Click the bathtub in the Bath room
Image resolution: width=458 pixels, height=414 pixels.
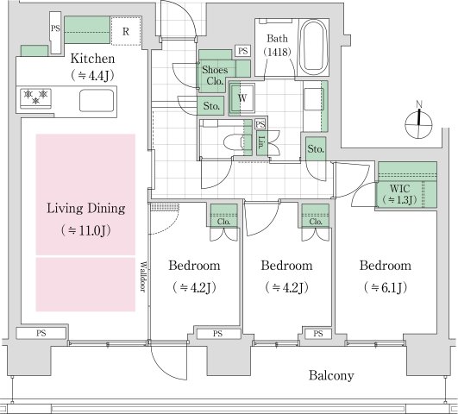click(314, 47)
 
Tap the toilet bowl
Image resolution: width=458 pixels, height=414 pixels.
click(235, 143)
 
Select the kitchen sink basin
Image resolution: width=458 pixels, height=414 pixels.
click(97, 101)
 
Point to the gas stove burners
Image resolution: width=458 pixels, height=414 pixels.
click(35, 97)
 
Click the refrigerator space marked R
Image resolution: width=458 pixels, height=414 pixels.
click(126, 31)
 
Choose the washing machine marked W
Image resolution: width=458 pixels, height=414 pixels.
click(242, 98)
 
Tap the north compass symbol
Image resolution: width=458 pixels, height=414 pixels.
click(418, 121)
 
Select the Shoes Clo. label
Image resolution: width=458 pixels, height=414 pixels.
click(215, 75)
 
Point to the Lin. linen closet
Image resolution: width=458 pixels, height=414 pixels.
click(261, 143)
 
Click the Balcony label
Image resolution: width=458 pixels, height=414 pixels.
click(331, 375)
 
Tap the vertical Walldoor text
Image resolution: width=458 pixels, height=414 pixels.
click(143, 276)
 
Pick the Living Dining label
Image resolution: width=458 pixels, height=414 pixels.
click(86, 209)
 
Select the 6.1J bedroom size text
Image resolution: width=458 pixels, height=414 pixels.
click(386, 288)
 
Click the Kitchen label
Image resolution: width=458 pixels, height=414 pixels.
click(92, 59)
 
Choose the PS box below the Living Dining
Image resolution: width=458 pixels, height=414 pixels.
click(41, 333)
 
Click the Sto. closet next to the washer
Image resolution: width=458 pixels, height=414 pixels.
click(211, 106)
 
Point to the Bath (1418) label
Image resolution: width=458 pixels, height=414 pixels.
click(277, 46)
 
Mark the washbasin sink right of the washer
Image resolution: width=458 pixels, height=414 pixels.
click(314, 99)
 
